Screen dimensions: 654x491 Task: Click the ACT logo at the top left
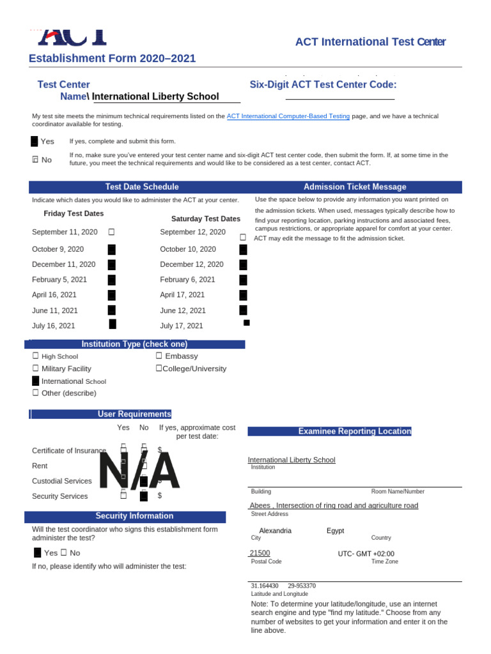coord(71,36)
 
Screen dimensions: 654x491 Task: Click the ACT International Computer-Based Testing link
coord(288,116)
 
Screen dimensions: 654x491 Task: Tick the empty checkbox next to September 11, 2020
coord(111,232)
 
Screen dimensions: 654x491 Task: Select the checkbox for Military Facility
coord(36,369)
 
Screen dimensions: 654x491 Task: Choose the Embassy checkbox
coord(159,356)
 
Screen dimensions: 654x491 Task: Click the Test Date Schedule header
coord(142,186)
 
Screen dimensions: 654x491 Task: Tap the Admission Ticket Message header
coord(355,186)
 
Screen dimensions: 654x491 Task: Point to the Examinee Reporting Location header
coord(355,431)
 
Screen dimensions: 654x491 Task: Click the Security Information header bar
coord(134,515)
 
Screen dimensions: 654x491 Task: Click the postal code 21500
coord(260,553)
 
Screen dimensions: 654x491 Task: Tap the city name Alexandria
coord(275,531)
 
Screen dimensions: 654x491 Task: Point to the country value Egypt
coord(335,531)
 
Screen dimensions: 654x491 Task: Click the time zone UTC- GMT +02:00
coord(366,554)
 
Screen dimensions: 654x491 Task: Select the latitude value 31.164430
coord(264,586)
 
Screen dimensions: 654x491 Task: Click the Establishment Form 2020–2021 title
coord(113,59)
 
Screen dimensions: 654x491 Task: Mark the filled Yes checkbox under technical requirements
coord(35,141)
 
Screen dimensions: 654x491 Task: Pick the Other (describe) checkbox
coord(36,393)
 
